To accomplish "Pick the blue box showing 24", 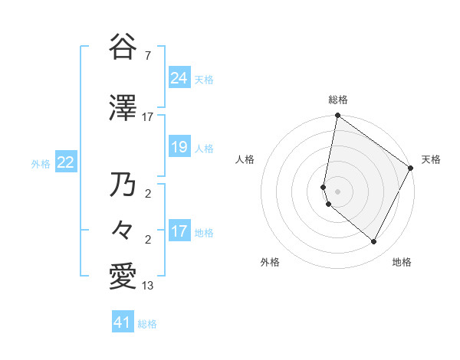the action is pos(179,78).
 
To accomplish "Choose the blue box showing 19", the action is pos(179,147).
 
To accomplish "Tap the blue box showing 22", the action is pos(65,162).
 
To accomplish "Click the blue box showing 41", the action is pos(123,322).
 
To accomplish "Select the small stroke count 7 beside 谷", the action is pos(147,57).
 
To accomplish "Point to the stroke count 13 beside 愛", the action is pos(148,286).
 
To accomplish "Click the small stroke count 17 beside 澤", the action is pos(148,117).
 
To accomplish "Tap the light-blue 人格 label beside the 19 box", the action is pos(204,148).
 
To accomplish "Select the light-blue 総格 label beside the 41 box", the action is pos(147,324).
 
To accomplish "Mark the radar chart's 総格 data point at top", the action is pos(337,116).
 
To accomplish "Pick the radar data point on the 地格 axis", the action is pos(374,242).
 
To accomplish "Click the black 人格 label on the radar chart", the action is pos(245,159).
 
